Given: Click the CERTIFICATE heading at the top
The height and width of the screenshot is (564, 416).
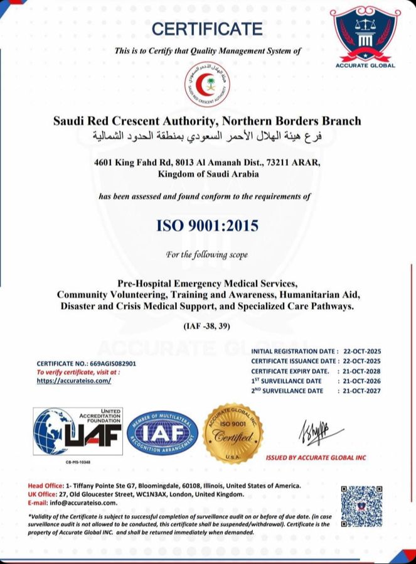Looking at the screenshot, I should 207,28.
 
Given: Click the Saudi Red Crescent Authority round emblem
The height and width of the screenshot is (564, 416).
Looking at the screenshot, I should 208,85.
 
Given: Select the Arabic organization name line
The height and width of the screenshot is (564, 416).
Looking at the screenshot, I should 208,135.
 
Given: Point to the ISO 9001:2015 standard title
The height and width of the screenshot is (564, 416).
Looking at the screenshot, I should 208,225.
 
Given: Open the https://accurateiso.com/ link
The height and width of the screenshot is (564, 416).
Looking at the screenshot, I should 73,381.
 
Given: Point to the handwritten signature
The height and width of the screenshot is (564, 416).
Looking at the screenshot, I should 320,431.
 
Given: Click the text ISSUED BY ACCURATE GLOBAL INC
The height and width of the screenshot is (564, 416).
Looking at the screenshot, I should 316,458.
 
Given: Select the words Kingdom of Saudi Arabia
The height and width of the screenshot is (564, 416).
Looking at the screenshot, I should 208,174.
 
